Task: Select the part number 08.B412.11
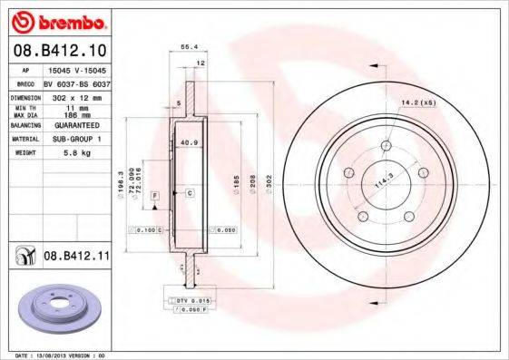[x=76, y=258]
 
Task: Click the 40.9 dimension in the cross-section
[x=189, y=142]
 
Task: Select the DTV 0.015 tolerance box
[x=193, y=298]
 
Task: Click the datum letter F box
[x=155, y=195]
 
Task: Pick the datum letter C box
[x=190, y=193]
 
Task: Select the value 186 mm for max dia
[x=73, y=116]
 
